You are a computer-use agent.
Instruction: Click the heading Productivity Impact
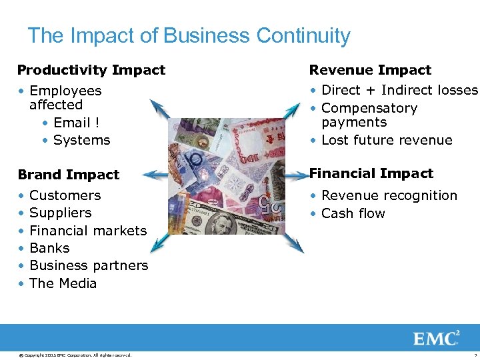(x=91, y=70)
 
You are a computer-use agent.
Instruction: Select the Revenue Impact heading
(x=370, y=70)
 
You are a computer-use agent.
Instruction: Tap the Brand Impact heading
(x=69, y=175)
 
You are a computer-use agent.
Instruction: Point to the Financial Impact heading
(x=371, y=173)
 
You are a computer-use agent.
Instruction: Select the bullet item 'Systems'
(x=81, y=140)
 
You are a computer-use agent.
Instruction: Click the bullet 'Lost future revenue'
(x=387, y=140)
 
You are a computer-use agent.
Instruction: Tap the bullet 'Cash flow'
(x=353, y=213)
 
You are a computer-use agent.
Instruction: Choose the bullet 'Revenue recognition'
(x=389, y=195)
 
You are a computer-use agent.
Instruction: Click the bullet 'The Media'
(x=63, y=283)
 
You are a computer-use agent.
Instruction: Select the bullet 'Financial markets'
(x=88, y=231)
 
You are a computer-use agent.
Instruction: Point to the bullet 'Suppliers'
(x=60, y=213)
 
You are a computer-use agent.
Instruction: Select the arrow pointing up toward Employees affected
(x=159, y=109)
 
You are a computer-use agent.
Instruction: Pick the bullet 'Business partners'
(x=89, y=265)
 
